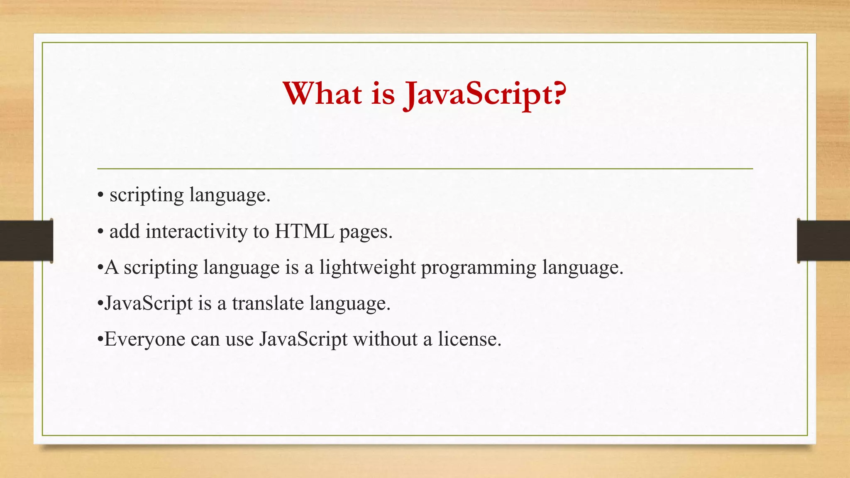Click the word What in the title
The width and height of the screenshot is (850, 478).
pos(322,93)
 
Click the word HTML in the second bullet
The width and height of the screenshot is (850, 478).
pos(304,231)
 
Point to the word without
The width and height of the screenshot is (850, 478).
pos(385,339)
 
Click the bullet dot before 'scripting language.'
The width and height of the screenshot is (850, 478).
pos(100,195)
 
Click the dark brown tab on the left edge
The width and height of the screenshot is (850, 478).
pos(26,241)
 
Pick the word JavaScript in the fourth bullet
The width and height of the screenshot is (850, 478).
pos(149,303)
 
